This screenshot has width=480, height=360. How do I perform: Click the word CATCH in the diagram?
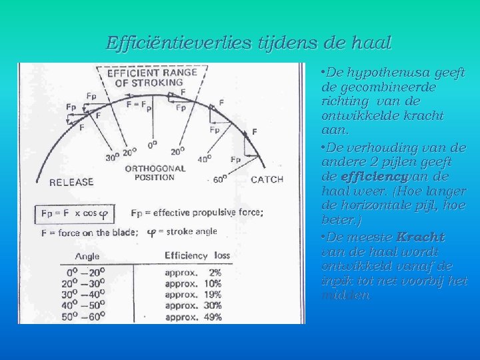tap(267, 179)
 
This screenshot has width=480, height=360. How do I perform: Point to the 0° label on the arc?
tap(153, 143)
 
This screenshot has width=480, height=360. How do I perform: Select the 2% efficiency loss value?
tap(215, 273)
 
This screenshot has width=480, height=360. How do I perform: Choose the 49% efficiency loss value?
tap(213, 317)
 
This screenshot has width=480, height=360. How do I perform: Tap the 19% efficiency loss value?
tap(213, 295)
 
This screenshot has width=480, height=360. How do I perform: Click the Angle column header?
tap(87, 256)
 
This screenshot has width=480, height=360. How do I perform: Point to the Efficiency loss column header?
tap(197, 255)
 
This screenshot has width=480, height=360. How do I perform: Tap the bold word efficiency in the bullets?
tap(364, 177)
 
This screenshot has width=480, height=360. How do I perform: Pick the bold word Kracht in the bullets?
tap(420, 237)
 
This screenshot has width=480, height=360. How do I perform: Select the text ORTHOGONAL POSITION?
tap(150, 173)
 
